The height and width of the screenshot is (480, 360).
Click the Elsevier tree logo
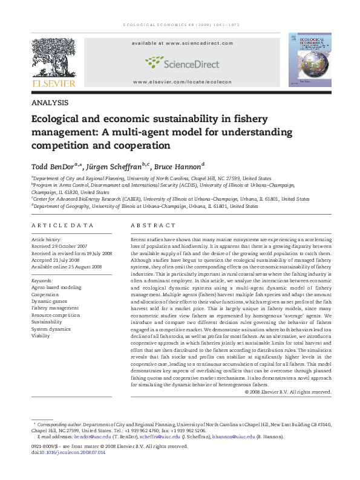(x=52, y=57)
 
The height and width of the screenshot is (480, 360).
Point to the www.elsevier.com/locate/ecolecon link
(x=179, y=81)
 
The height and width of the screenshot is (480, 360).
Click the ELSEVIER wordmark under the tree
(x=52, y=83)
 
